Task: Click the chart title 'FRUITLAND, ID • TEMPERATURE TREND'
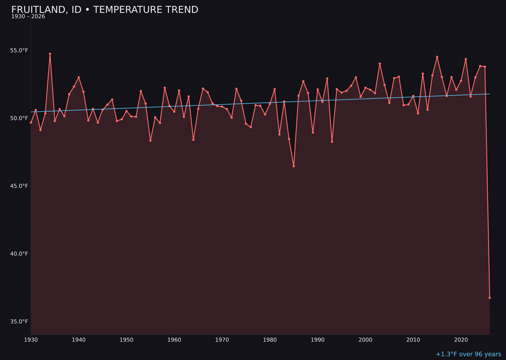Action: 104,10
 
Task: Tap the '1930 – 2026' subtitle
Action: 28,17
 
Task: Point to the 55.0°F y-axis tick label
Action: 19,51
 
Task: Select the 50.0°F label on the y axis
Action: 19,118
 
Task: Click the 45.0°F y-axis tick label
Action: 19,186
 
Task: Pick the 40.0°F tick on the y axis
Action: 19,254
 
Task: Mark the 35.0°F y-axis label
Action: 19,322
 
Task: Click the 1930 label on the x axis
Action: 31,340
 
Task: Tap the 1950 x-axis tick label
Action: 126,340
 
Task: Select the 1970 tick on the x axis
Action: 222,340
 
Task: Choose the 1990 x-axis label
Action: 318,340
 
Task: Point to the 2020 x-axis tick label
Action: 461,340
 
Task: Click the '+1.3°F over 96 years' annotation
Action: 468,354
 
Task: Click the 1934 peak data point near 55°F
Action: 50,54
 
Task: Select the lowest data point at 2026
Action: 490,298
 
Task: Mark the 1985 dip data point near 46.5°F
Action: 294,166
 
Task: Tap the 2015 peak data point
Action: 437,57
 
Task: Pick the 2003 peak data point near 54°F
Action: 380,64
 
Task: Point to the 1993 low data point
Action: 332,142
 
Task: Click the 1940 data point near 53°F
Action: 79,77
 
